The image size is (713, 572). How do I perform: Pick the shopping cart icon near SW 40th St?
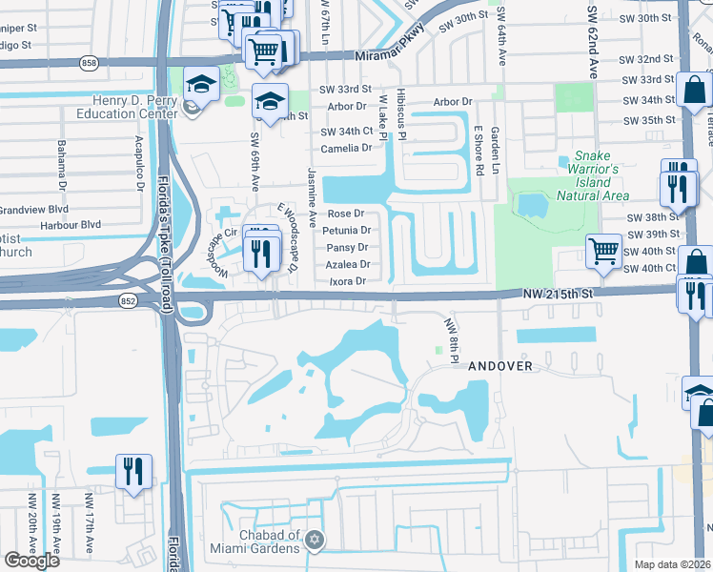[603, 252]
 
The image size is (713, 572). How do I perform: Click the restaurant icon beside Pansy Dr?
[258, 252]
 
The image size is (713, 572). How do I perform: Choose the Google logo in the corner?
[31, 561]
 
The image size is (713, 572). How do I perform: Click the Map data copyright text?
[673, 563]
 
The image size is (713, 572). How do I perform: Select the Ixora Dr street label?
[348, 281]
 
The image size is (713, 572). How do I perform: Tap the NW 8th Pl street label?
[451, 340]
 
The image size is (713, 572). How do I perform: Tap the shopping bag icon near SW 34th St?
[695, 92]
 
